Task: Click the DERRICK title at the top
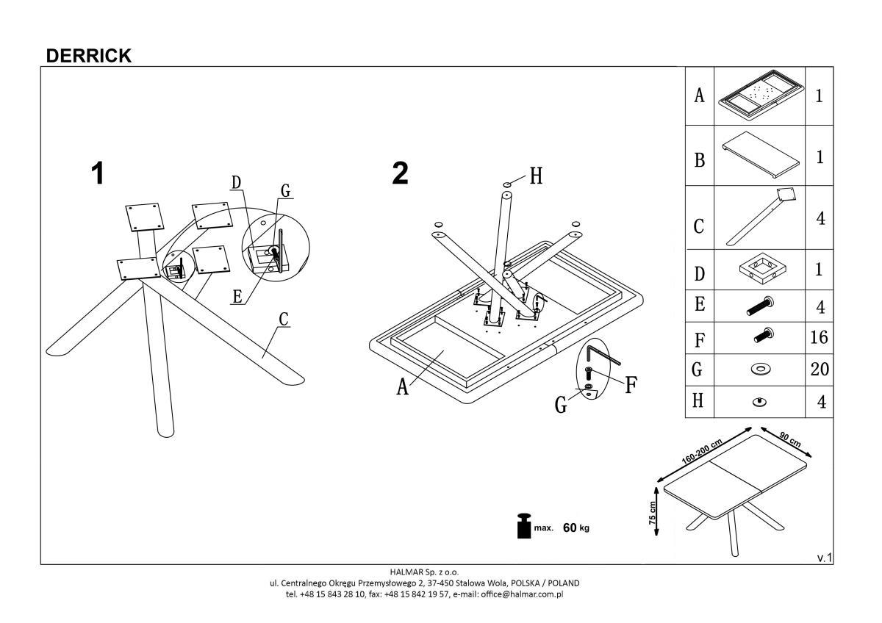(x=88, y=56)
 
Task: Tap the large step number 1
(x=97, y=174)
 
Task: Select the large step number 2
(x=400, y=174)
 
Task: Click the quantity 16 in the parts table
(x=818, y=337)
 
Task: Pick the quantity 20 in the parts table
(x=819, y=369)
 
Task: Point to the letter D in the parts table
(x=699, y=273)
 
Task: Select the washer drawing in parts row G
(x=761, y=370)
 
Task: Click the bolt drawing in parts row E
(x=761, y=304)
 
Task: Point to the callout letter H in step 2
(x=537, y=176)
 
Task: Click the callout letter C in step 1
(x=283, y=320)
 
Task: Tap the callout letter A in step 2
(x=402, y=386)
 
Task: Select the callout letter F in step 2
(x=630, y=385)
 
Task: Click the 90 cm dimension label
(x=789, y=439)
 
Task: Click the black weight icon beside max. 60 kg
(x=525, y=526)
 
